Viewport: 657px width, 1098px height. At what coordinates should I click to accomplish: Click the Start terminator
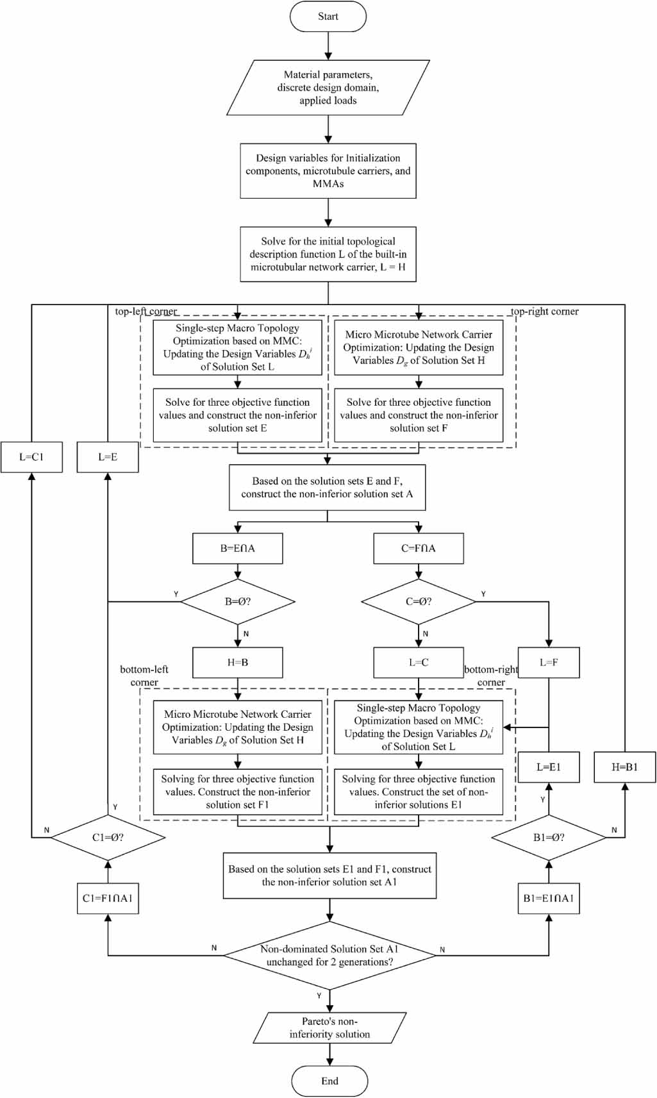pos(328,17)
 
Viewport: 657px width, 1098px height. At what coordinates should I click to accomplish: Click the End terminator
pos(329,1081)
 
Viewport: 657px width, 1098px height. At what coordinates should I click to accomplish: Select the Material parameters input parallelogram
pos(328,88)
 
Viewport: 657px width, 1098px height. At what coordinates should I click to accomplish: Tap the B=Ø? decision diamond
pos(238,602)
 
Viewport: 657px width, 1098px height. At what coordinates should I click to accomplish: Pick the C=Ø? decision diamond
pos(419,602)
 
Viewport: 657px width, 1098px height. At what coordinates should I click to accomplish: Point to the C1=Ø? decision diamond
pos(108,837)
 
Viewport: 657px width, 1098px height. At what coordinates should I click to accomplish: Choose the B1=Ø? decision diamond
pos(549,837)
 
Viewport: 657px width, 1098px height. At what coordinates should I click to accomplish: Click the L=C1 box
pos(31,457)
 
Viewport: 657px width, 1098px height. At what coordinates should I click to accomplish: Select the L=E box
pos(108,457)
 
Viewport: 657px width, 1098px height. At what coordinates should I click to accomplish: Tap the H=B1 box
pos(624,767)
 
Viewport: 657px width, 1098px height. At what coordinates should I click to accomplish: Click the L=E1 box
pos(549,767)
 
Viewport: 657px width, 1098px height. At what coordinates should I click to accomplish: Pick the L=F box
pos(549,662)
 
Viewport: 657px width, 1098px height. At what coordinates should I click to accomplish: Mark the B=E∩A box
pos(238,549)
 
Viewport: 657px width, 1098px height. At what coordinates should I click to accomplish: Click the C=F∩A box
pos(419,549)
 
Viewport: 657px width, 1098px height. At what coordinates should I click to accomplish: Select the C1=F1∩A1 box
pos(108,898)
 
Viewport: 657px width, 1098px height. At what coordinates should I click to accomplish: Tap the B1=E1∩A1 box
pos(549,898)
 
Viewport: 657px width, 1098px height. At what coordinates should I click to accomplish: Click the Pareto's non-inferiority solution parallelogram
pos(329,1027)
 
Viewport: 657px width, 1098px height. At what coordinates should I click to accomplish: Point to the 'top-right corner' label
pos(544,312)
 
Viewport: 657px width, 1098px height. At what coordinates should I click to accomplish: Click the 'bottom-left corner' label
pos(144,676)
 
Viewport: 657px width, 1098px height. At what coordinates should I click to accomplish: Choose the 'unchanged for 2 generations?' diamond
pos(329,956)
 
